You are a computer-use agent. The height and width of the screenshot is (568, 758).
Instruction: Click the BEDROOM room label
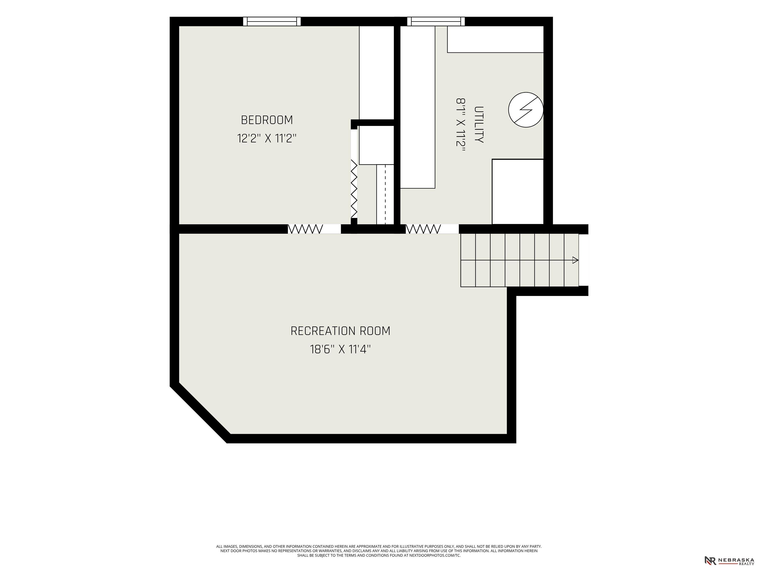pyautogui.click(x=267, y=120)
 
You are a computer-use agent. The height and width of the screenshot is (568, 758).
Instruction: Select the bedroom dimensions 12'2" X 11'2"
pyautogui.click(x=267, y=139)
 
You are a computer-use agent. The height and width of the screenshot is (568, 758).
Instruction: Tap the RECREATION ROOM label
pyautogui.click(x=340, y=331)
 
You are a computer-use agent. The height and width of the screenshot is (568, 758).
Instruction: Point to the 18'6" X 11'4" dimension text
pyautogui.click(x=340, y=350)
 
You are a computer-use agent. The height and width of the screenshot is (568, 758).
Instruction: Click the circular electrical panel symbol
pyautogui.click(x=526, y=109)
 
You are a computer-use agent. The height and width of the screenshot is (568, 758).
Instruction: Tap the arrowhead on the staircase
pyautogui.click(x=575, y=260)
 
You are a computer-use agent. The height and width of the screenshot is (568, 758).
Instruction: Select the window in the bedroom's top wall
pyautogui.click(x=272, y=21)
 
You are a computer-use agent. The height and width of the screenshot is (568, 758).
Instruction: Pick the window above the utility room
pyautogui.click(x=436, y=21)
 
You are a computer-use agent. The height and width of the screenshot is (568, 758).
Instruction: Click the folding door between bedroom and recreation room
pyautogui.click(x=305, y=229)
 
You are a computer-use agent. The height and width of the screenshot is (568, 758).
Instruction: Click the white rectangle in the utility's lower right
pyautogui.click(x=518, y=192)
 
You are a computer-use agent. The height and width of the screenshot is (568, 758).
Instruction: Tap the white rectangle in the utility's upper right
pyautogui.click(x=495, y=39)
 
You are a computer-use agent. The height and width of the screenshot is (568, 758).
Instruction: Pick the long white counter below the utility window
pyautogui.click(x=418, y=107)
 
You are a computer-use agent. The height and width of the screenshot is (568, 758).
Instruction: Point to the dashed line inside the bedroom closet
pyautogui.click(x=385, y=195)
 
